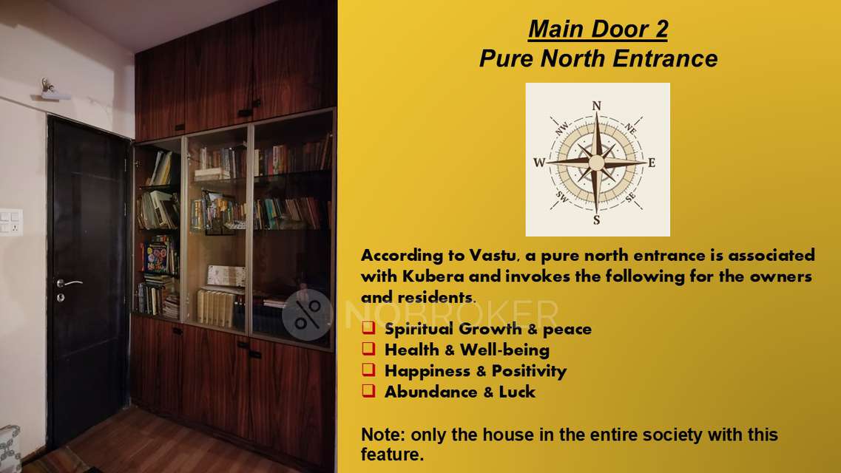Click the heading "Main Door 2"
point(598,30)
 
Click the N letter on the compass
point(597,106)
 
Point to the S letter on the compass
point(596,220)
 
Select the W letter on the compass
point(538,163)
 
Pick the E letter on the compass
point(652,163)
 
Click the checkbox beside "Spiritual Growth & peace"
point(368,328)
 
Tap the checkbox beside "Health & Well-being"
point(368,349)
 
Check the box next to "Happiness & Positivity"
point(368,370)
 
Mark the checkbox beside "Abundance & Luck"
point(368,392)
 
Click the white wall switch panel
point(10,222)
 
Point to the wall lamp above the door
point(53,91)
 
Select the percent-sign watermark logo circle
point(307,314)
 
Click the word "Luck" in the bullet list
point(516,392)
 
